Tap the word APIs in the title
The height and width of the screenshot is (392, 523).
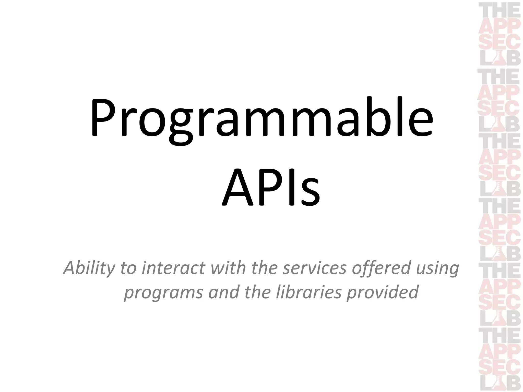click(x=271, y=188)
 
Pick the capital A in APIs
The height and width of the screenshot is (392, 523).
click(x=237, y=188)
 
